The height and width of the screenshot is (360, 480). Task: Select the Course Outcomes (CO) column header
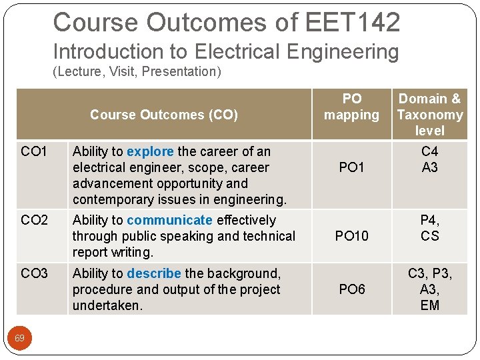[x=163, y=115]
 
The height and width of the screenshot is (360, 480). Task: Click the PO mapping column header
[x=351, y=107]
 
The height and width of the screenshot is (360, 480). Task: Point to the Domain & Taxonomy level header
[x=430, y=115]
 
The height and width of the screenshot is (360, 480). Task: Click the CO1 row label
[x=34, y=152]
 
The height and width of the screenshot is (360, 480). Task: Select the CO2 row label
[x=34, y=221]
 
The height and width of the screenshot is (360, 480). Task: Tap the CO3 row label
[x=34, y=274]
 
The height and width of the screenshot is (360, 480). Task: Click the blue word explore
[x=150, y=151]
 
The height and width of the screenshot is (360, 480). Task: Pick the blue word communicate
[x=169, y=220]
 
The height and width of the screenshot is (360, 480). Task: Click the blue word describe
[x=154, y=273]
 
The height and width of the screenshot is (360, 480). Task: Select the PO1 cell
[x=351, y=167]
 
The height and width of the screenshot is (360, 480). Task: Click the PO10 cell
[x=351, y=235]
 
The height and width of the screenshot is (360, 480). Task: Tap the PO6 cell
[x=351, y=289]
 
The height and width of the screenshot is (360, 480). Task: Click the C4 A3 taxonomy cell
[x=430, y=159]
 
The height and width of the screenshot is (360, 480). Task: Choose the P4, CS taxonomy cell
[x=430, y=228]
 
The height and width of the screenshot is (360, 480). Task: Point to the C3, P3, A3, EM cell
[x=430, y=289]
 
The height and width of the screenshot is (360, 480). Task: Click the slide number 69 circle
[x=20, y=339]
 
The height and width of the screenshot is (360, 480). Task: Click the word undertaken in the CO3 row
[x=107, y=305]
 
